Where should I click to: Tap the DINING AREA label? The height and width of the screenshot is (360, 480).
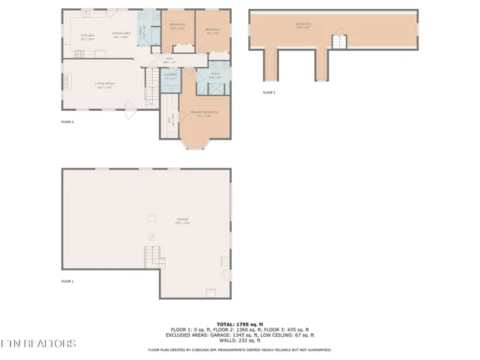tap(121, 34)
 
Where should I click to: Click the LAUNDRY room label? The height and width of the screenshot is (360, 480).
tap(169, 75)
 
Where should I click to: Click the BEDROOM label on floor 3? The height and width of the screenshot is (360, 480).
tap(303, 24)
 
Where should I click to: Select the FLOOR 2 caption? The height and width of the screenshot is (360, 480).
tap(67, 121)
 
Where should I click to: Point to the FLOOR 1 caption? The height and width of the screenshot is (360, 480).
tap(67, 281)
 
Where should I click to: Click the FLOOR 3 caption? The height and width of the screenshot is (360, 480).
tap(268, 93)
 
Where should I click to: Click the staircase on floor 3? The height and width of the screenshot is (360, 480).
tap(340, 42)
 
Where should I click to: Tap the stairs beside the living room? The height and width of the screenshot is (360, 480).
tap(152, 76)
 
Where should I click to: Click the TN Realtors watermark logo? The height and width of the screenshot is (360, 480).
tap(37, 343)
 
